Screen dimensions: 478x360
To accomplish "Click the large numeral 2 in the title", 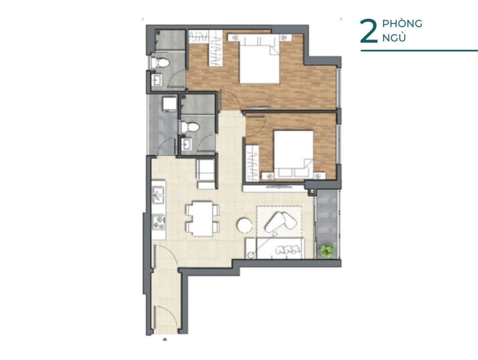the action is (369, 31).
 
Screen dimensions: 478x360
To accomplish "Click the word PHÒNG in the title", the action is (402, 23).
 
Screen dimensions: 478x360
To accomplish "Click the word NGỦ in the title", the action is (394, 38).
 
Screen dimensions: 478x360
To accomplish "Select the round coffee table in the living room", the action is (244, 225).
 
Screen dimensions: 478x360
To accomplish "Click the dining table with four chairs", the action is (203, 219).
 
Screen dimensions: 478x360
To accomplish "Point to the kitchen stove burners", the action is (159, 222).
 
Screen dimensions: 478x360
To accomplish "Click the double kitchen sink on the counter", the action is (158, 195).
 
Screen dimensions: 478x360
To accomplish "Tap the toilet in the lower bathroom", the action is (190, 127).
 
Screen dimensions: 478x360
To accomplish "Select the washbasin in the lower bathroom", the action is (187, 144).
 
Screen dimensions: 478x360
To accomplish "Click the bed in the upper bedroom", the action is (260, 58).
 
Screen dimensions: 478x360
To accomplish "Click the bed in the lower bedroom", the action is (293, 155).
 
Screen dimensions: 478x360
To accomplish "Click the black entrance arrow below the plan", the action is (165, 339).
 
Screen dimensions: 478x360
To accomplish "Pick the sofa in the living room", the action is (274, 248).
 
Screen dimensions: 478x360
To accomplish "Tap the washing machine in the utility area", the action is (169, 104).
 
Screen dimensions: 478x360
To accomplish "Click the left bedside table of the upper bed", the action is (235, 37).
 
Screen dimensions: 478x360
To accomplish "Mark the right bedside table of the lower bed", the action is (319, 176).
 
